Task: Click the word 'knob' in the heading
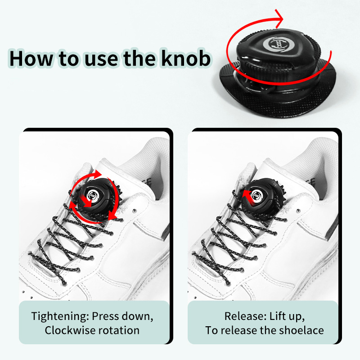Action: tap(185, 58)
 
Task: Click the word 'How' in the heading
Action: tap(31, 58)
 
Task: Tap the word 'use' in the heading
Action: tap(102, 60)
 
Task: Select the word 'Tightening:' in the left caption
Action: tap(60, 316)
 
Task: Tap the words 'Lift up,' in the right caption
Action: tap(287, 316)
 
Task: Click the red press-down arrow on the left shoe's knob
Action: tap(86, 201)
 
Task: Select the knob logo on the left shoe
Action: tap(93, 196)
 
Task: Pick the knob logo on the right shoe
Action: tap(256, 195)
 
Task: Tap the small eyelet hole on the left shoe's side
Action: tap(135, 211)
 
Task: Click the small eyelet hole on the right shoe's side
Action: tap(298, 211)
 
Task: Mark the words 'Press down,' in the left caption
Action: tap(122, 316)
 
